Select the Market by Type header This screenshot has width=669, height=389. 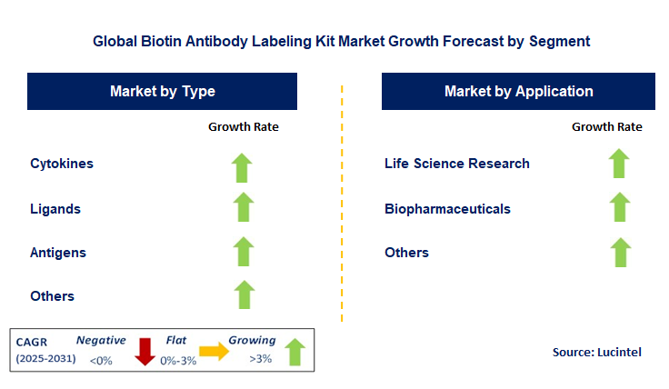tap(163, 92)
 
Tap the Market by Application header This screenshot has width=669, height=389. tap(518, 92)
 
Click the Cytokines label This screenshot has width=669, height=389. tap(62, 164)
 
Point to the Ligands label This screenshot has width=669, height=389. tap(55, 209)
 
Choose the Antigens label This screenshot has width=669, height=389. tap(59, 253)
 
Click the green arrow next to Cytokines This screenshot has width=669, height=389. tap(243, 167)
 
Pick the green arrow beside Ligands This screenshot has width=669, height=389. tap(243, 207)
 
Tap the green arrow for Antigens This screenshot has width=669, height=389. tap(243, 251)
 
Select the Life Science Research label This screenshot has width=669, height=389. tap(457, 164)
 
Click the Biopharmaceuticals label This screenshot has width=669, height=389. tap(447, 209)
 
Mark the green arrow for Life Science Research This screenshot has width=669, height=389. tap(619, 164)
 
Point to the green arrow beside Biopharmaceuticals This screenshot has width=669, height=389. tap(619, 207)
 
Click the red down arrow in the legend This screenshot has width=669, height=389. tap(145, 351)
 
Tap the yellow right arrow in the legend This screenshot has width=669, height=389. tap(215, 352)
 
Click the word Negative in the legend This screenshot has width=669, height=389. tap(101, 340)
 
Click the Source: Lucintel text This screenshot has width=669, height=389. tap(596, 352)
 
